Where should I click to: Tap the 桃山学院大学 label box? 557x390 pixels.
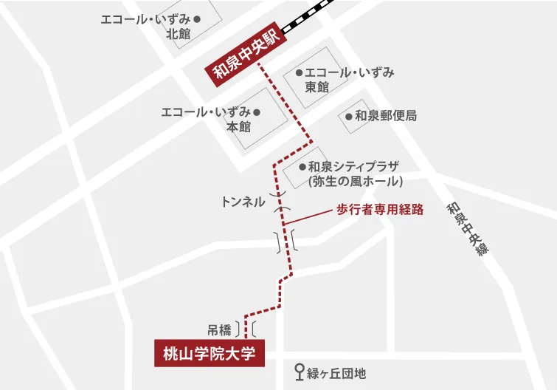(x=209, y=353)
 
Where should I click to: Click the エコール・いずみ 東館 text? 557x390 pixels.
(x=347, y=80)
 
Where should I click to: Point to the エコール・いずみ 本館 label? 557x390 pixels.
(x=207, y=120)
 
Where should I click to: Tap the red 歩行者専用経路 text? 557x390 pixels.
(x=380, y=209)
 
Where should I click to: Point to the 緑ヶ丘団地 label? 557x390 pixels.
(x=336, y=374)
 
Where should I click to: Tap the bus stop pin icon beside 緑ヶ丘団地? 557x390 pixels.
(x=300, y=372)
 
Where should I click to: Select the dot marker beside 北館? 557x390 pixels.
(x=197, y=18)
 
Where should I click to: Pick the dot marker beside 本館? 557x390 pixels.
(x=257, y=112)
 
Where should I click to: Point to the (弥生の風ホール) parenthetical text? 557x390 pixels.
(x=355, y=181)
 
